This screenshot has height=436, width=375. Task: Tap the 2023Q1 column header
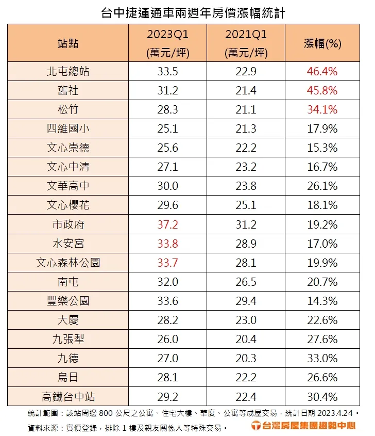(x=167, y=35)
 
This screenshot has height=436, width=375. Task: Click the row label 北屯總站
(x=68, y=71)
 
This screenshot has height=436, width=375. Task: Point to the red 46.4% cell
(x=322, y=71)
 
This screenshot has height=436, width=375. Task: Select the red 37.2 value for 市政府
(x=167, y=224)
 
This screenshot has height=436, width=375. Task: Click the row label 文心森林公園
(x=68, y=263)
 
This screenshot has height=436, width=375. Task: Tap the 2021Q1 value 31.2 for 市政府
(x=246, y=224)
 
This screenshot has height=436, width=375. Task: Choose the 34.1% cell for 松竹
(x=322, y=109)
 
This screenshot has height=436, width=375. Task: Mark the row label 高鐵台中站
(x=68, y=397)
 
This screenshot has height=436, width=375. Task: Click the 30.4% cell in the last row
(x=322, y=397)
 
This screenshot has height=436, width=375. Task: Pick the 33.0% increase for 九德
(x=322, y=359)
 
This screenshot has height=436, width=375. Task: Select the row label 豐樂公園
(x=68, y=301)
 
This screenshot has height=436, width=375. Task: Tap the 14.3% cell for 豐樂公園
(x=322, y=301)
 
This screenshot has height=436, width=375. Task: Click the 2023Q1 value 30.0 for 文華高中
(x=167, y=186)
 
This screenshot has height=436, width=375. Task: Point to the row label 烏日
(x=68, y=378)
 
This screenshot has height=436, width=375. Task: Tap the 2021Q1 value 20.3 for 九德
(x=246, y=359)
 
